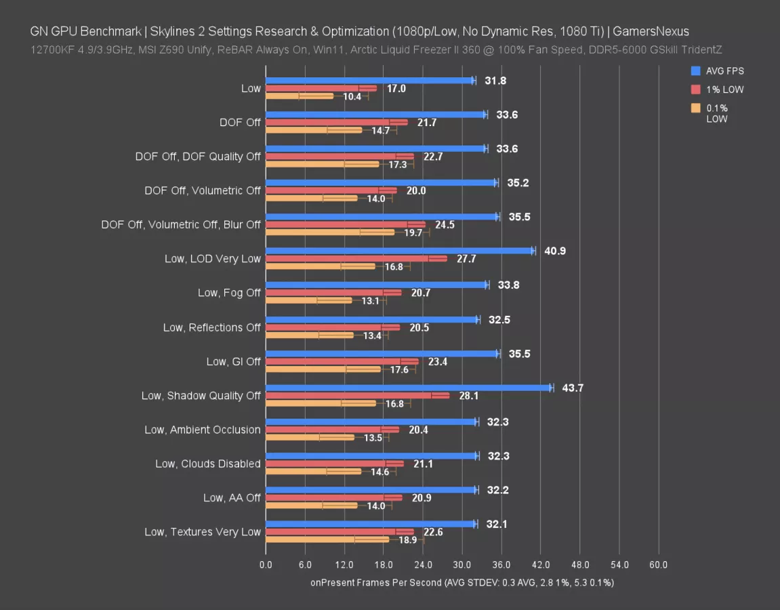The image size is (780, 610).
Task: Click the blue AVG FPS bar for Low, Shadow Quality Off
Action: [x=409, y=388]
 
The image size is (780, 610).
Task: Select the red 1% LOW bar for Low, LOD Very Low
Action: [x=356, y=259]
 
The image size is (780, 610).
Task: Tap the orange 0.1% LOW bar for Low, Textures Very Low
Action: [x=327, y=540]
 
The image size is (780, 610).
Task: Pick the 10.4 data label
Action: [x=352, y=97]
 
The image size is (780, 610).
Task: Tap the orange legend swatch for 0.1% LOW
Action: [x=695, y=108]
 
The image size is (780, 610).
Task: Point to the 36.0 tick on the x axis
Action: [x=501, y=565]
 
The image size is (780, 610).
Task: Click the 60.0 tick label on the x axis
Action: [x=659, y=565]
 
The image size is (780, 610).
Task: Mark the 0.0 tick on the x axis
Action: [x=266, y=565]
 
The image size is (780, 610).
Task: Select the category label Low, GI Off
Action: [x=233, y=362]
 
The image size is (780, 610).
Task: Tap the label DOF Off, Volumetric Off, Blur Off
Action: [x=180, y=225]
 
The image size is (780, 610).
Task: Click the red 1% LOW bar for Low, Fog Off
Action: [x=333, y=293]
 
